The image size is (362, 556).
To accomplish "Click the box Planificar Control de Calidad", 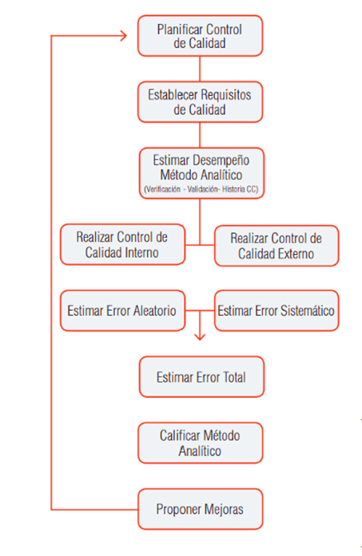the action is point(200,36).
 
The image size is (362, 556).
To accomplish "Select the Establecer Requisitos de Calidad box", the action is point(200,102).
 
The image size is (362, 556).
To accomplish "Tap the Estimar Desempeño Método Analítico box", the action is point(201,173).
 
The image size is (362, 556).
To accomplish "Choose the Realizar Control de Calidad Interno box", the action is point(122,244).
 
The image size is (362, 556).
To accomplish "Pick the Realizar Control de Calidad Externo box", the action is point(276,246).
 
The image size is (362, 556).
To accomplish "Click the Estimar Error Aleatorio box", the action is point(122,311).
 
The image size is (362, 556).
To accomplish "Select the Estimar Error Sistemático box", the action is point(276,311).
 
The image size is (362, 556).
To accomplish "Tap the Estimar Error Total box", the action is point(201,376).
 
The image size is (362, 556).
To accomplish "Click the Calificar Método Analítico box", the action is point(200,443).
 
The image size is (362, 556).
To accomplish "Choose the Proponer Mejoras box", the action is point(200,509).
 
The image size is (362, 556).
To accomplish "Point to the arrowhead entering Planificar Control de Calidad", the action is point(124,36).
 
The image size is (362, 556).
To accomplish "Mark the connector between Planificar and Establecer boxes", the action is point(200,69).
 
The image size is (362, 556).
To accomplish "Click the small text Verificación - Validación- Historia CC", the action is point(201,189).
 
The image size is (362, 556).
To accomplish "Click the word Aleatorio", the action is point(154,311).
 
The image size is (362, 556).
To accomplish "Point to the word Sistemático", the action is point(307,311).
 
